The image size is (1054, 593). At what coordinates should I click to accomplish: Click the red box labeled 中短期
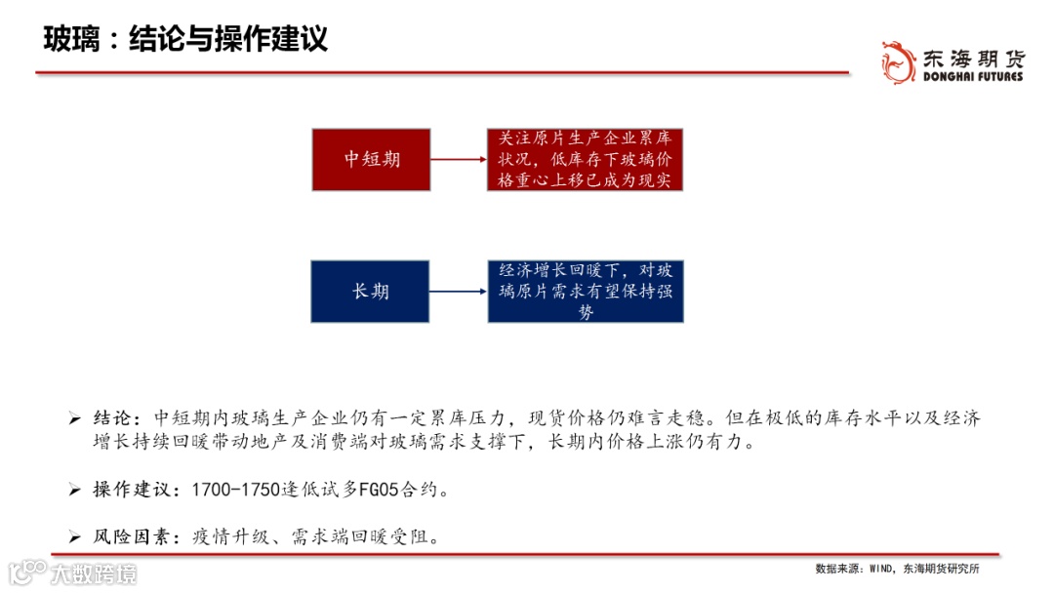(x=372, y=159)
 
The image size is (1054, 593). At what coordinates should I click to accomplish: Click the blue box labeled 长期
(x=371, y=291)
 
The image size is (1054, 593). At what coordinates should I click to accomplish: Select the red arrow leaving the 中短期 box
(x=459, y=159)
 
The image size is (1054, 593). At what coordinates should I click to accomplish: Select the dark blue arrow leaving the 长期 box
(x=459, y=291)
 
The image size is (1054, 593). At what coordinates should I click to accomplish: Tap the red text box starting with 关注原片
(x=586, y=159)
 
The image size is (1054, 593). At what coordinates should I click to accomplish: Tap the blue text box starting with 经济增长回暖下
(x=586, y=291)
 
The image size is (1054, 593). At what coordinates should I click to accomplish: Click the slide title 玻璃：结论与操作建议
(x=185, y=39)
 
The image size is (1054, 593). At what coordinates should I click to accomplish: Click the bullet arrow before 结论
(x=74, y=419)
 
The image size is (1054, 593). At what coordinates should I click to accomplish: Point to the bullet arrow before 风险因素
(x=74, y=537)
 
